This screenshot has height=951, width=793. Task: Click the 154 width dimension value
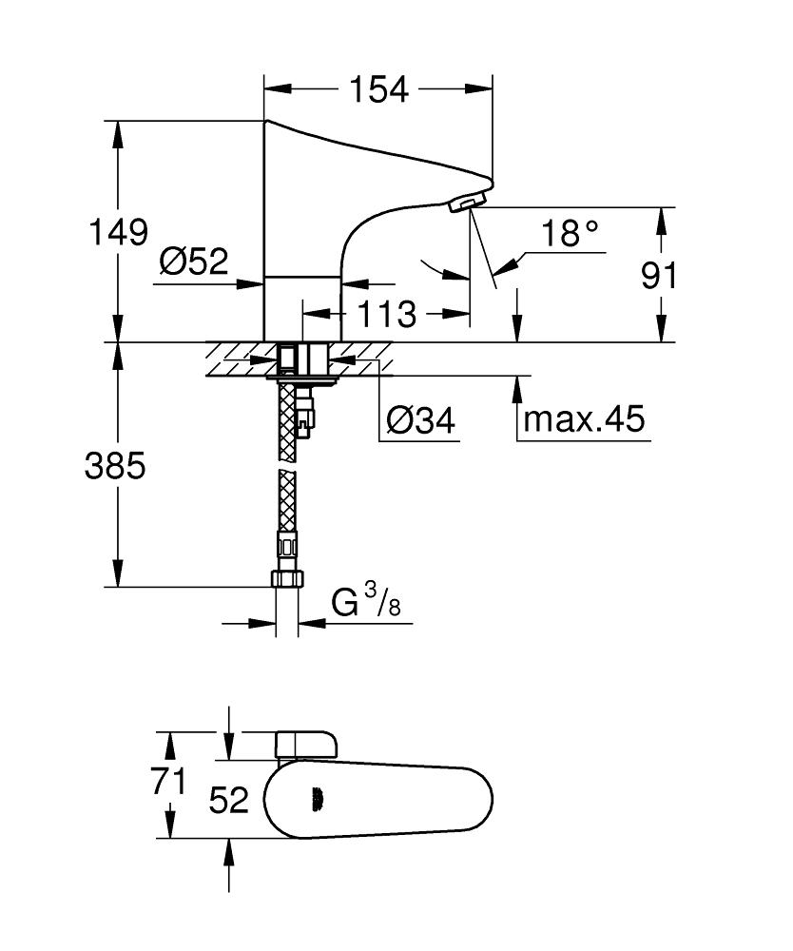pos(377,88)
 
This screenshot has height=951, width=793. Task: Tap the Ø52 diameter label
pos(194,261)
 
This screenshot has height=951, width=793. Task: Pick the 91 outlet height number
pos(658,276)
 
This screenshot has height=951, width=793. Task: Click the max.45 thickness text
pos(584,417)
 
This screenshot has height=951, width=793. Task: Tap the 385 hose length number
pos(115,466)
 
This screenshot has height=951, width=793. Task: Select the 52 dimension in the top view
pos(228,800)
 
